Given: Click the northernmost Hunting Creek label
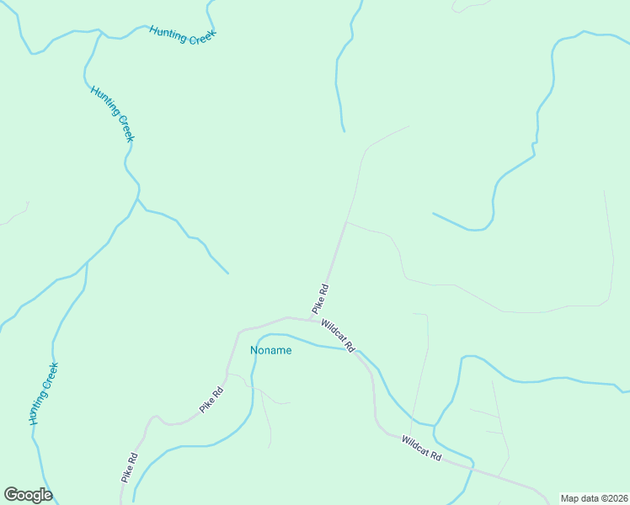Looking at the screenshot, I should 183,35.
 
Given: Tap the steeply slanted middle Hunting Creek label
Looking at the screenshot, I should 112,114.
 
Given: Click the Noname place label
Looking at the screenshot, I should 270,350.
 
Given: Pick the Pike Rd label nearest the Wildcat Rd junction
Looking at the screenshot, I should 320,299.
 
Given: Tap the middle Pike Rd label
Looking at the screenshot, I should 211,400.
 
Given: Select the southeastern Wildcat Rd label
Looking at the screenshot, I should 421,447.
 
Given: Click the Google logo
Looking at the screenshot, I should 28,495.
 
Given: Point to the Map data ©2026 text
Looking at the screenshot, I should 593,498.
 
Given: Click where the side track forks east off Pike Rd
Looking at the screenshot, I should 346,222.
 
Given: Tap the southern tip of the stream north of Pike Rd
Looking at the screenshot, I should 344,131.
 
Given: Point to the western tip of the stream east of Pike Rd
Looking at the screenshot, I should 433,213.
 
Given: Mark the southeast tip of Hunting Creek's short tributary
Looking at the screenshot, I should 227,274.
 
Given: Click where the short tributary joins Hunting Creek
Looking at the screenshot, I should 138,201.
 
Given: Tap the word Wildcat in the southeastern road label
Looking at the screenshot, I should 415,444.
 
